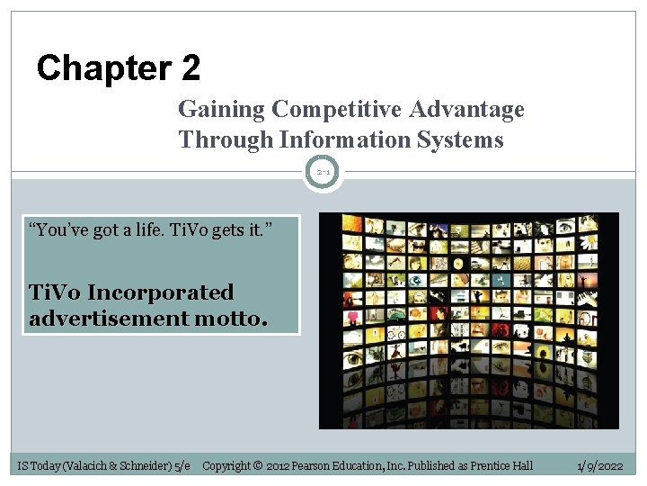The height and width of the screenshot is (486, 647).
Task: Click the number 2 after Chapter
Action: pyautogui.click(x=190, y=68)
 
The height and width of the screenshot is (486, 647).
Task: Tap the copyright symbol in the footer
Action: pyautogui.click(x=256, y=465)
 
